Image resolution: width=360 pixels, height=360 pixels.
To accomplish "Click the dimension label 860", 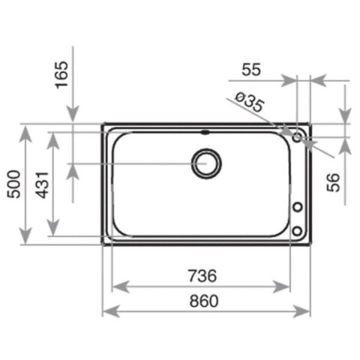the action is coord(204,301).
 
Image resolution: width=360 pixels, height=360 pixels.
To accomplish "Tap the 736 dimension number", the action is coord(202,276).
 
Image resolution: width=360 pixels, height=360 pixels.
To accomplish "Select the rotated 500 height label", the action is coord(13,184).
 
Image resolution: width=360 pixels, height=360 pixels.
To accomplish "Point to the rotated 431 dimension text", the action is coord(42,185).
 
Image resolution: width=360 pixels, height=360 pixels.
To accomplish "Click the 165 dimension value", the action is coord(61,75).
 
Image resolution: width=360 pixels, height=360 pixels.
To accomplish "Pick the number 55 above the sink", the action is coord(251,70).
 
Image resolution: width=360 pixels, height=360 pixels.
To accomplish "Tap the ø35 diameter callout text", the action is coord(250,102).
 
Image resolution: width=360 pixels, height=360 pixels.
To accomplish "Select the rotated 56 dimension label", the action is coord(333,182).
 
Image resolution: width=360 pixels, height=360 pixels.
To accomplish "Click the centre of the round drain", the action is coord(206,163).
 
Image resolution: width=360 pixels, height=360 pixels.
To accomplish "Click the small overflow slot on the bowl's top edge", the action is coord(205,132).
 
